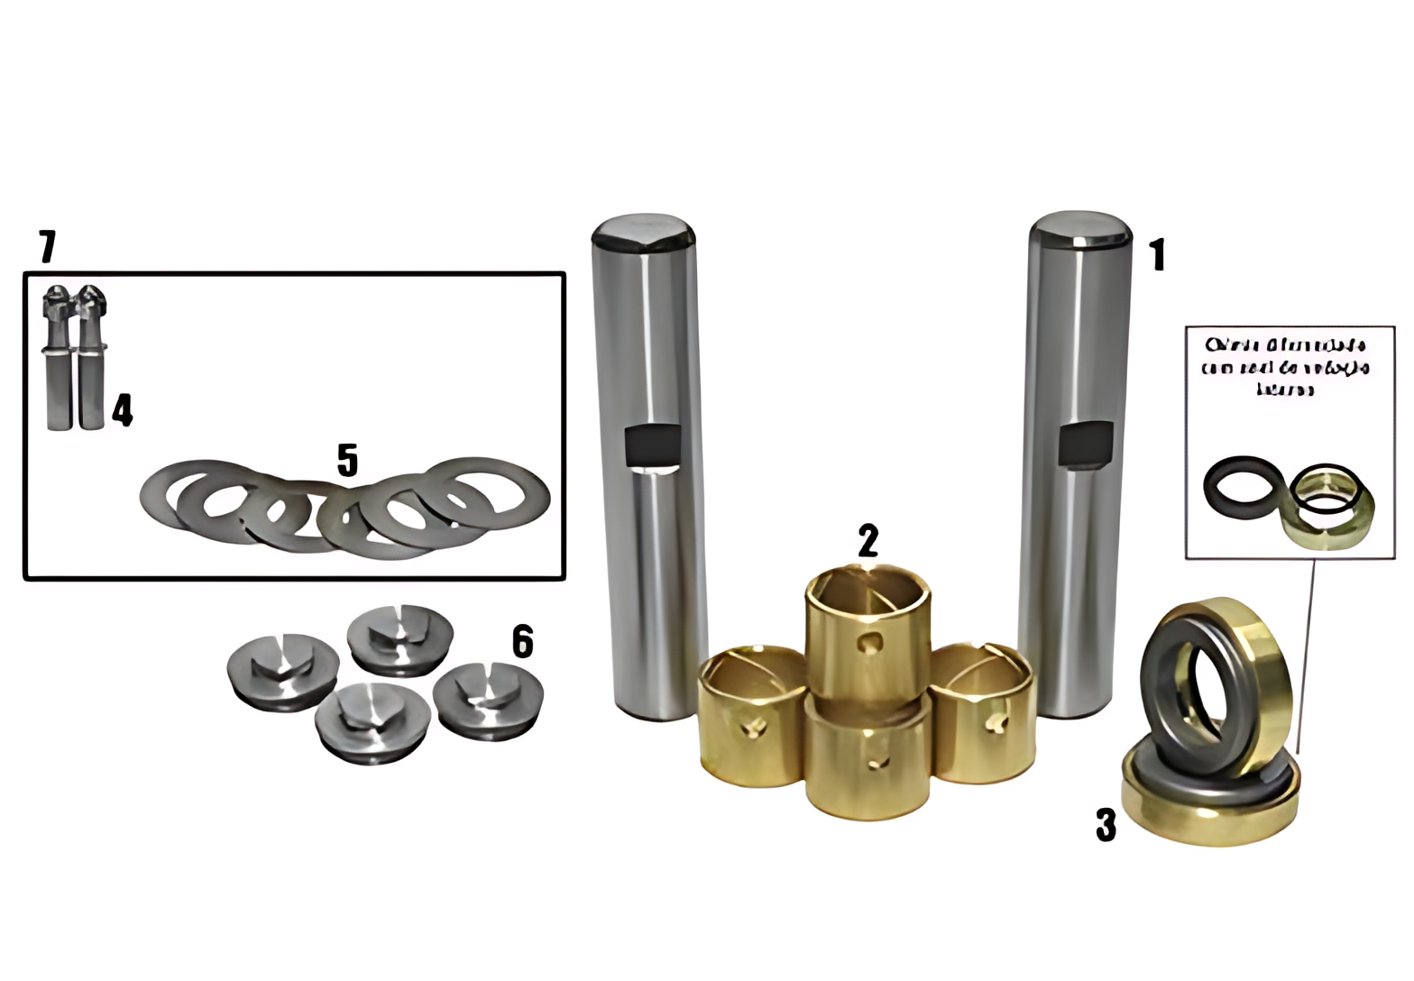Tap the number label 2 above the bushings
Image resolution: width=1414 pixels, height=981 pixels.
tap(868, 542)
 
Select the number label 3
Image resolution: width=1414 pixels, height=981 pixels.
tap(1106, 824)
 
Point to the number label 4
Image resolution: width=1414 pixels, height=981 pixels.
tap(123, 410)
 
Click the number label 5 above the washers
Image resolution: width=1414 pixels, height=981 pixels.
tap(347, 461)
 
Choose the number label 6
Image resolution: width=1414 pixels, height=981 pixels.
tap(522, 642)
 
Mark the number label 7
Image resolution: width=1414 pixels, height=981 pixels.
tap(47, 246)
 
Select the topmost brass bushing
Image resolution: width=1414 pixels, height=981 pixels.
tap(867, 631)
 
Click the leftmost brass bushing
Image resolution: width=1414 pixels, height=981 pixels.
tap(751, 717)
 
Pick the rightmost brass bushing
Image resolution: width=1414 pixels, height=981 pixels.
tap(980, 712)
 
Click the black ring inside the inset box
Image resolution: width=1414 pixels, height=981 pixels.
tap(1242, 486)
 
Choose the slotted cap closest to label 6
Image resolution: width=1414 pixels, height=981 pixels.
tap(488, 701)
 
